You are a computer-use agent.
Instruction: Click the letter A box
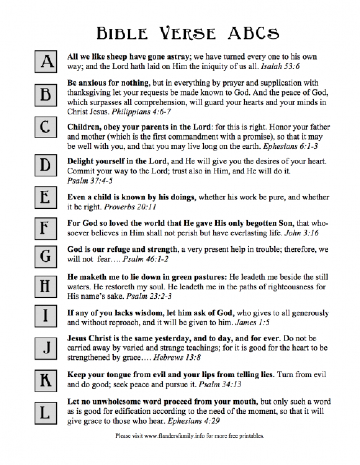tap(46, 62)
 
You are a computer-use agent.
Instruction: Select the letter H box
tap(45, 286)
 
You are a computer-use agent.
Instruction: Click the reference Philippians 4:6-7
tap(141, 112)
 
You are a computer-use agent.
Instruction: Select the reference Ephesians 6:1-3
tap(290, 146)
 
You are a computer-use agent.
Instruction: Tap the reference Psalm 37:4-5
tap(90, 180)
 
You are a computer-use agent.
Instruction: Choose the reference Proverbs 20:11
tap(130, 207)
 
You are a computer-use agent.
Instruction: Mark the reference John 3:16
tap(301, 233)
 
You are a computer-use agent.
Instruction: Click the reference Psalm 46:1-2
tap(145, 259)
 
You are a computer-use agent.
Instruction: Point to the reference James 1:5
tap(252, 322)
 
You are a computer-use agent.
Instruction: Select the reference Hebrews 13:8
tap(177, 357)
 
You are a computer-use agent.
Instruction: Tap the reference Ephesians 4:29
tap(194, 421)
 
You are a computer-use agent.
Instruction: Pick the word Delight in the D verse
tap(81, 161)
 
